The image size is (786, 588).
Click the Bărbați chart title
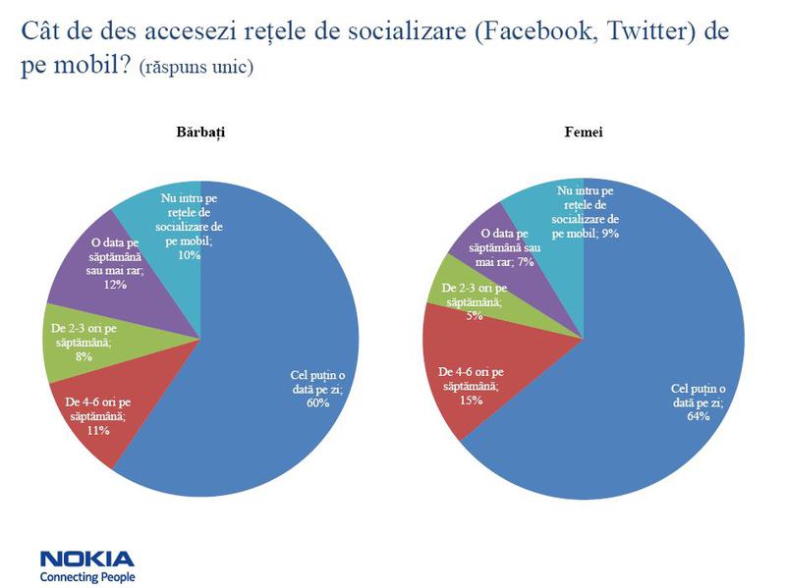200,132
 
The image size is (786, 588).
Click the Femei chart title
584,132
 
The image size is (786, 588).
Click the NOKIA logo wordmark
86,559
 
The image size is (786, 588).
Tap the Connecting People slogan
86,577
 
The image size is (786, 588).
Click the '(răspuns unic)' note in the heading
196,70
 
